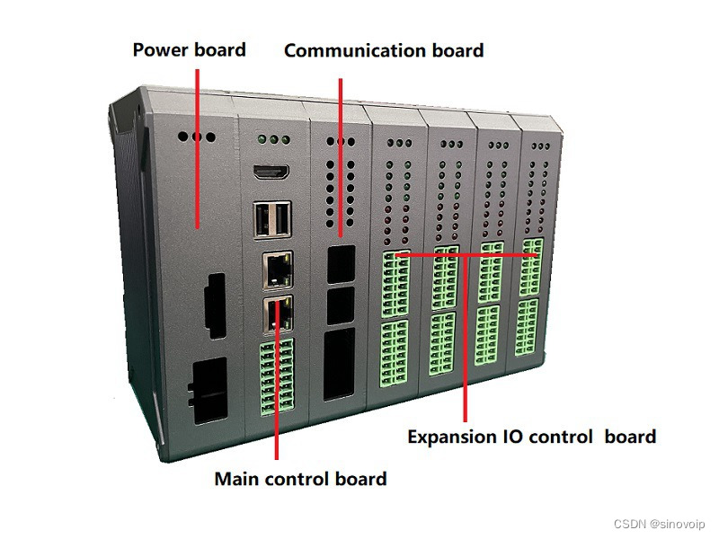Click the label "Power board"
(x=189, y=49)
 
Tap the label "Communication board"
(x=384, y=50)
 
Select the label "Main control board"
(x=300, y=478)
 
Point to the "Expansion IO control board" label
(x=531, y=437)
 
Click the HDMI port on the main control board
(x=271, y=172)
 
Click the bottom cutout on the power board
(x=210, y=391)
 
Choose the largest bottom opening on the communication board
(x=340, y=364)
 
